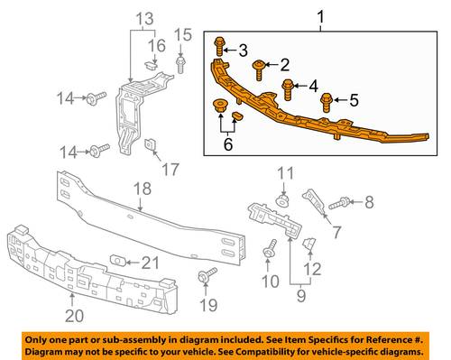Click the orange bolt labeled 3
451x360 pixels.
219,47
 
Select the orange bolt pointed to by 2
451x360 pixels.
259,69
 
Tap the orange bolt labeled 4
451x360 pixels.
288,89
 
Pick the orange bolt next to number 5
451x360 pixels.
327,102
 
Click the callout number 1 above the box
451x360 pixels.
321,17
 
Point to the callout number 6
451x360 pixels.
228,144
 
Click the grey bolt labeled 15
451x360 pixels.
180,64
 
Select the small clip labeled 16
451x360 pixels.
151,65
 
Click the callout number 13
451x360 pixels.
145,19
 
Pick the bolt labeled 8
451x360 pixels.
339,203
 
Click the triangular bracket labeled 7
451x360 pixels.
314,200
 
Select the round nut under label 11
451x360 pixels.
282,200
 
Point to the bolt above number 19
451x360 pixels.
207,275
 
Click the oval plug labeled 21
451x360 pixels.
118,260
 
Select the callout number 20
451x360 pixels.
75,316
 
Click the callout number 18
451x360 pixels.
143,189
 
